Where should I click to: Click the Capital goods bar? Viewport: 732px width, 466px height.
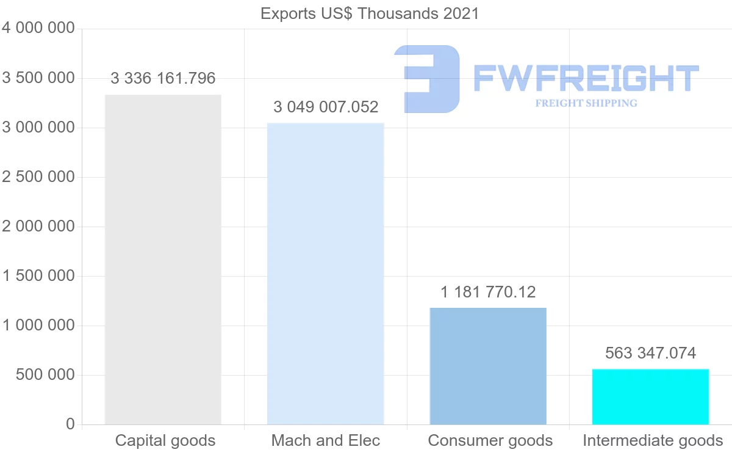pos(163,260)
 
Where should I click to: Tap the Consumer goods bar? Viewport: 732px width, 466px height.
pos(488,366)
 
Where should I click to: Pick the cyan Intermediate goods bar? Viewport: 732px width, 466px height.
pos(650,396)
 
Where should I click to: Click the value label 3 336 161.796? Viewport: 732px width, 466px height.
pos(163,78)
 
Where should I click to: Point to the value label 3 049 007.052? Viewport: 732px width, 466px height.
pos(326,107)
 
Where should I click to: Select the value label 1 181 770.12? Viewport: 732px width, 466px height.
pos(488,293)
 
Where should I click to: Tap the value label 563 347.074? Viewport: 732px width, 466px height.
pos(650,353)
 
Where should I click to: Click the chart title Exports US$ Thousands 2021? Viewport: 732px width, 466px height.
pos(370,13)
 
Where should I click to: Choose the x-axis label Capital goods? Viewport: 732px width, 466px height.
pos(165,440)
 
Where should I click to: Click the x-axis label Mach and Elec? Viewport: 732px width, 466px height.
pos(326,440)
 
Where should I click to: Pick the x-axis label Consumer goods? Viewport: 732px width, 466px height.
pos(490,440)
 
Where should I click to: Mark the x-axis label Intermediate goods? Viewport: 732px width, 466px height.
pos(653,440)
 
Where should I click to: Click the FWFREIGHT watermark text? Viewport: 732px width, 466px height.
pos(586,78)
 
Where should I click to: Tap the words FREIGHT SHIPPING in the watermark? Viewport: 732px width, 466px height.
pos(586,103)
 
